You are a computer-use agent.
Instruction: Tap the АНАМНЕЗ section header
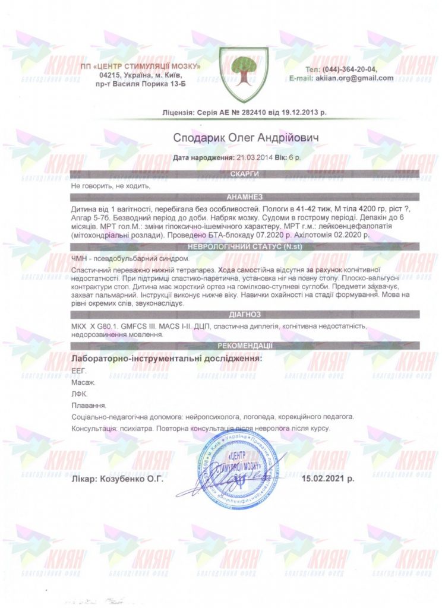(x=245, y=197)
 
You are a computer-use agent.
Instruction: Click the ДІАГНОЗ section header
(x=245, y=314)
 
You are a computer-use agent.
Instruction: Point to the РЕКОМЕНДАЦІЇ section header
(x=245, y=346)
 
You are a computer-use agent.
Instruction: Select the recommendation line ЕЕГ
(x=78, y=370)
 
